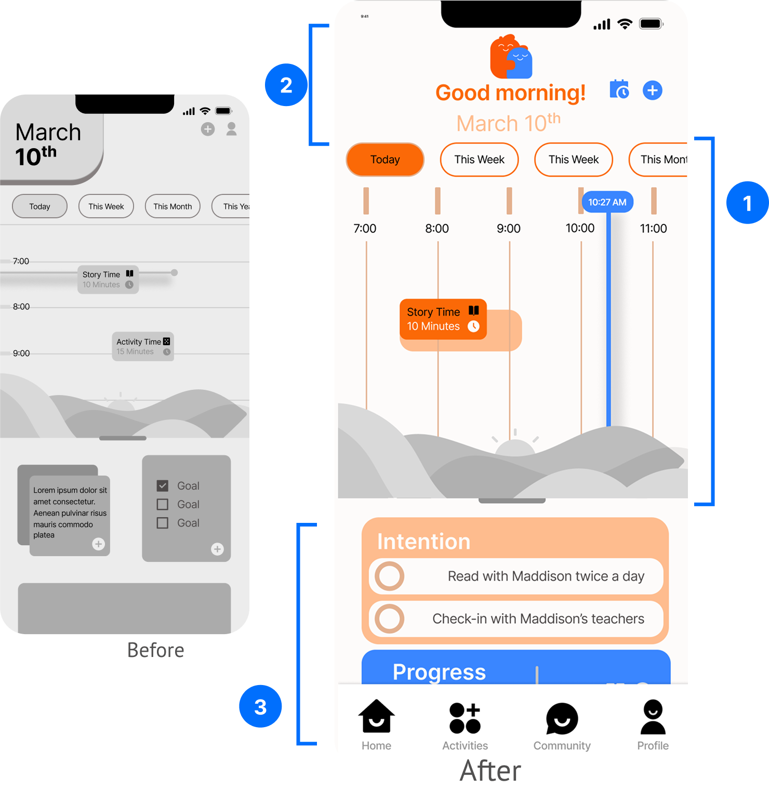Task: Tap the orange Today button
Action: coord(385,160)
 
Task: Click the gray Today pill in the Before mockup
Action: coord(39,206)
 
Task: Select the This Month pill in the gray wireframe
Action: coord(173,206)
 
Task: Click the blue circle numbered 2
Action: coord(286,85)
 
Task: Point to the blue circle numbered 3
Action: coord(260,706)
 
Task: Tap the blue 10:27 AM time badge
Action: coord(607,202)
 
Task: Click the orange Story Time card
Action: coord(443,319)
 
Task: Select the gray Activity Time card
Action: coord(142,346)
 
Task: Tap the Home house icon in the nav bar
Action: coord(376,717)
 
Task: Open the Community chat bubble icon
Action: coord(562,719)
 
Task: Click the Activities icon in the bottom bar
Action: coord(465,718)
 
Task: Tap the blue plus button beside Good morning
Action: coord(652,90)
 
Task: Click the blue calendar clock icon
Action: coord(619,90)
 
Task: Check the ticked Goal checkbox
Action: coord(163,485)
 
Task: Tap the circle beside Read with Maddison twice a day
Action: coord(390,576)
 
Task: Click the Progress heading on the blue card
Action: coord(439,672)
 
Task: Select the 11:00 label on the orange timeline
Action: coord(653,228)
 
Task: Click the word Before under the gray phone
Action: coord(156,650)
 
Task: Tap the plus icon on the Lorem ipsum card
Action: coord(98,544)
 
